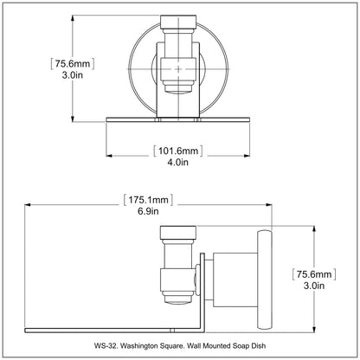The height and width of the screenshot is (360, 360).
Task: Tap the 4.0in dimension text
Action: coord(177,162)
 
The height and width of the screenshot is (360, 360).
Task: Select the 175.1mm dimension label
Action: coord(148,200)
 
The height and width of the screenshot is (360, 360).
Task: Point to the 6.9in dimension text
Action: coord(148,211)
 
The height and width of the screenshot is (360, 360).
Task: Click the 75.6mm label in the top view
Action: coord(73,63)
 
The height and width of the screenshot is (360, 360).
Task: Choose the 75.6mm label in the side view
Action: coord(314,274)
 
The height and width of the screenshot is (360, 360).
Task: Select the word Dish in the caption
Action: coord(259,345)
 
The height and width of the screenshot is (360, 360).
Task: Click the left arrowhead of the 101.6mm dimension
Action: coord(109,156)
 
